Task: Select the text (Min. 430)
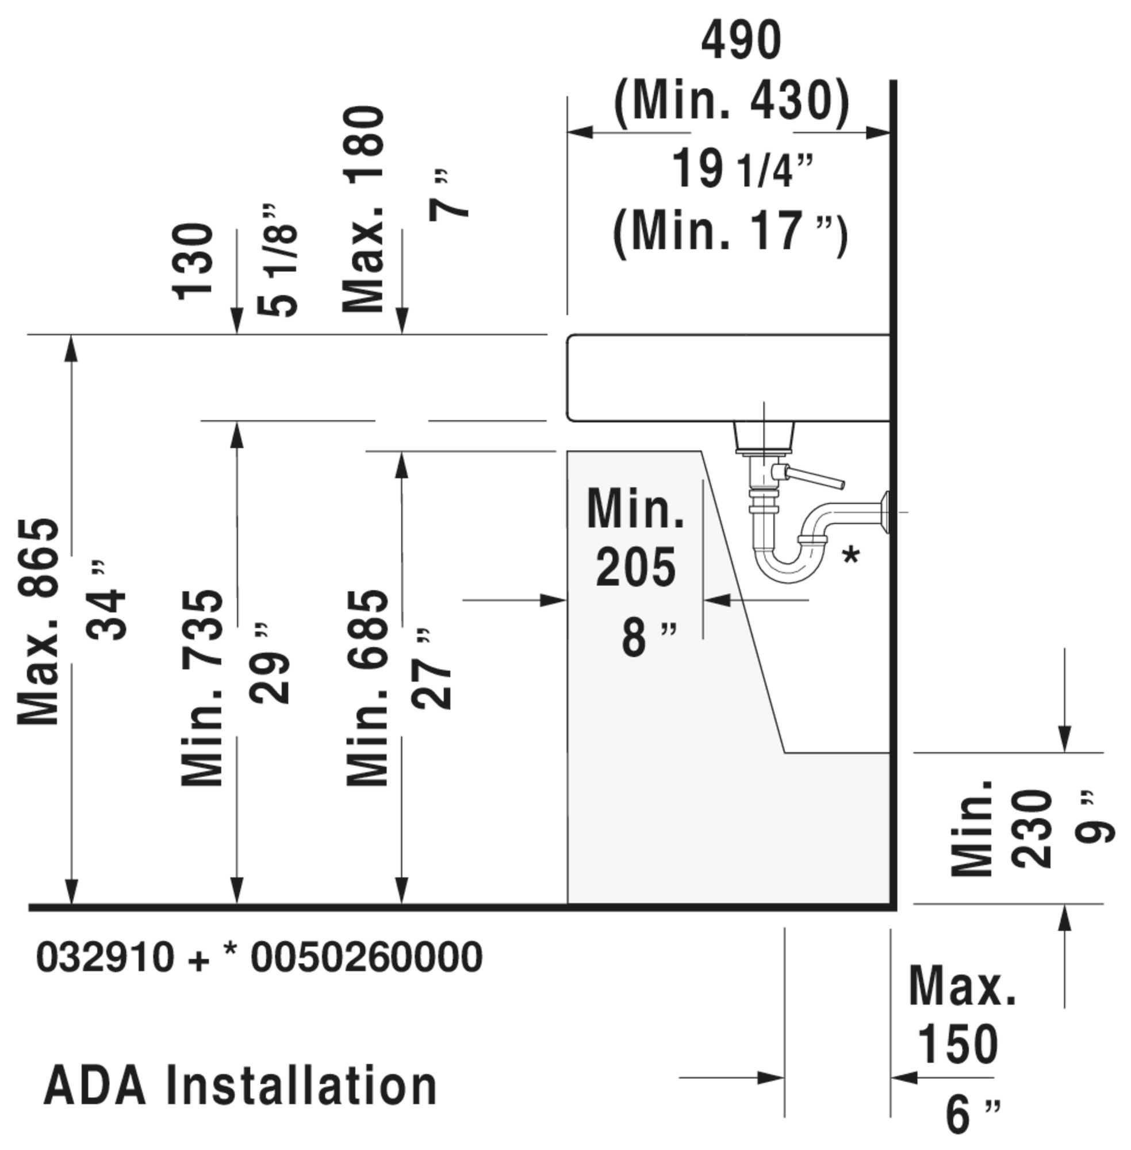(731, 102)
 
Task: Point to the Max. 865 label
(39, 622)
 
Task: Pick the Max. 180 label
(363, 209)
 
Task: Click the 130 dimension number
(193, 262)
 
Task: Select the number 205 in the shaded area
(635, 568)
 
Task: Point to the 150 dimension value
(957, 1044)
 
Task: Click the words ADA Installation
(240, 1085)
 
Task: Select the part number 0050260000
(366, 957)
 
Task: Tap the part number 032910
(106, 957)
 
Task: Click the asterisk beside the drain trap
(851, 557)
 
